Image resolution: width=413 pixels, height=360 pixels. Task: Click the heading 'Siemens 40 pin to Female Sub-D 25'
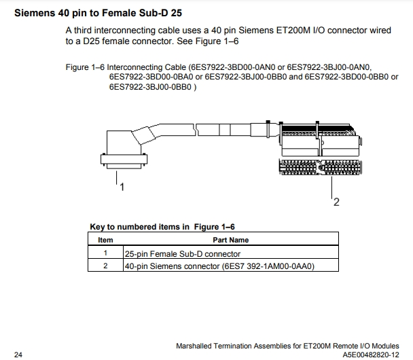click(x=98, y=13)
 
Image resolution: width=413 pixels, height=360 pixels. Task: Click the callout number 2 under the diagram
click(x=336, y=202)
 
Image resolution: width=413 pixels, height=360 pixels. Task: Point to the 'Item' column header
click(x=105, y=240)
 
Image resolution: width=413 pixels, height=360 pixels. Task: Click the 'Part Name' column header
click(x=230, y=240)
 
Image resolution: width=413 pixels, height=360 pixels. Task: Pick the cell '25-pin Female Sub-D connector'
click(x=182, y=253)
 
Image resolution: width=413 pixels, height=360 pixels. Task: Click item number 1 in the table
click(x=105, y=253)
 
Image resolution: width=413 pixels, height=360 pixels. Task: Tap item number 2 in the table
click(x=105, y=266)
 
